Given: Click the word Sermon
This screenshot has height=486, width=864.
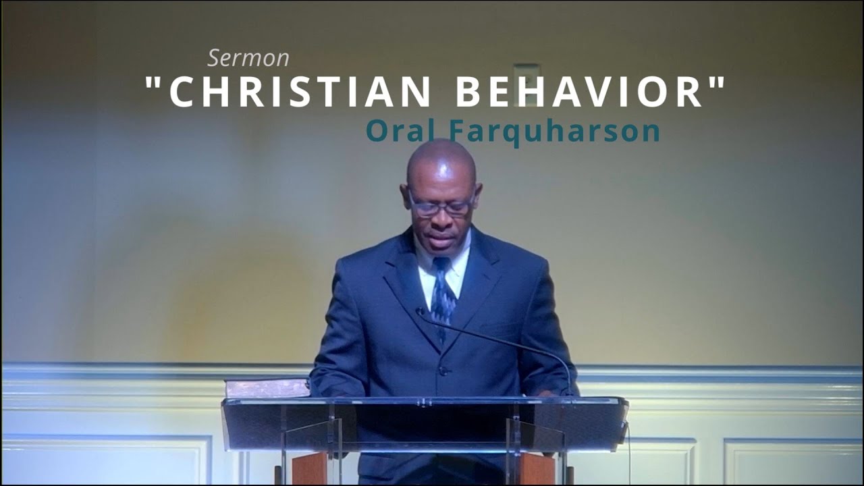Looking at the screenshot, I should point(248,58).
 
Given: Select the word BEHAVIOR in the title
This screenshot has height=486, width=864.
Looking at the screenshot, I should point(580,92).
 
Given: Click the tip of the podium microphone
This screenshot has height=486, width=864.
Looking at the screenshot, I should point(420,312).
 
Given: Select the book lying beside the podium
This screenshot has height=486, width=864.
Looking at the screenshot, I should point(267,387).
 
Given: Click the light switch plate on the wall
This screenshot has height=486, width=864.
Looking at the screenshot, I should point(526,84).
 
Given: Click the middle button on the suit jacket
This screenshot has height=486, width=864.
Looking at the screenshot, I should point(442,369).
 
